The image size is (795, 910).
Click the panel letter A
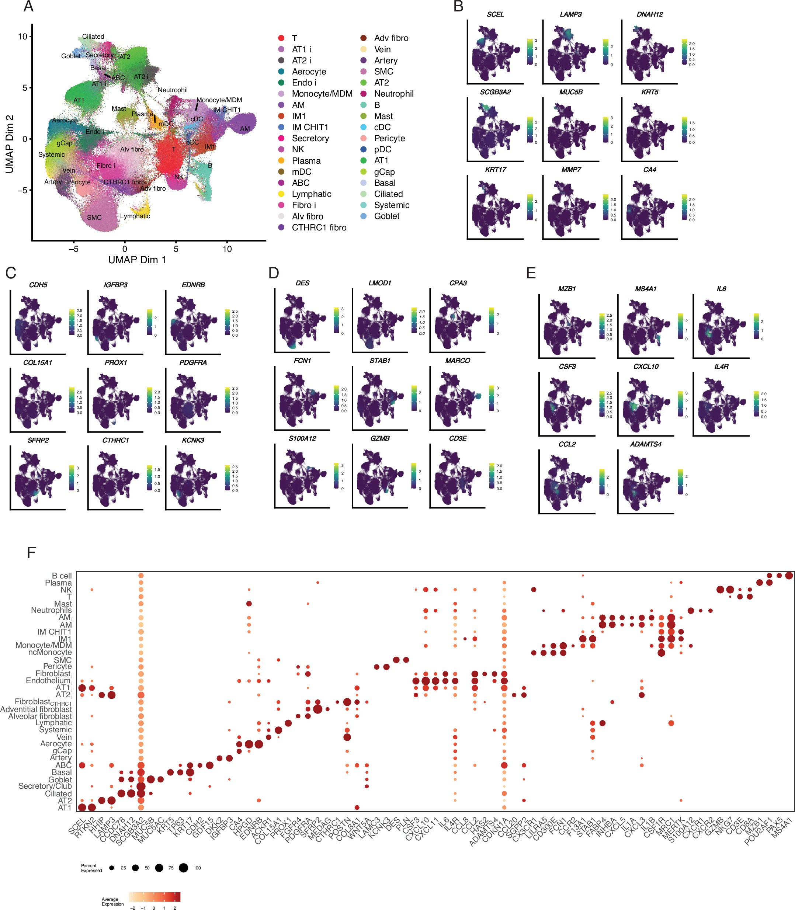(x=28, y=7)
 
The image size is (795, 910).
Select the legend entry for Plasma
(x=306, y=161)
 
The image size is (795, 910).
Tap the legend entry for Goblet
(x=386, y=216)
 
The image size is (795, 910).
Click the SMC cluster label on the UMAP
(x=94, y=218)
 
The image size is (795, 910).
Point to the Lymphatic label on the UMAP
(x=135, y=216)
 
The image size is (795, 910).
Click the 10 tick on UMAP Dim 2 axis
(x=22, y=37)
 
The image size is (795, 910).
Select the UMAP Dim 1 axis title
(x=137, y=260)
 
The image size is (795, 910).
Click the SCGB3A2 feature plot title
(x=495, y=92)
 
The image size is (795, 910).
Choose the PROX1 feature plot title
(x=115, y=362)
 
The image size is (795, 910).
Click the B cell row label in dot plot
(x=62, y=576)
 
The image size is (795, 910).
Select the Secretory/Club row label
(x=45, y=786)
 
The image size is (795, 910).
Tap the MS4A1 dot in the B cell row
(x=789, y=576)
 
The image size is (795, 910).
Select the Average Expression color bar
(x=155, y=897)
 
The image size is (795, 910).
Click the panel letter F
(x=31, y=552)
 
